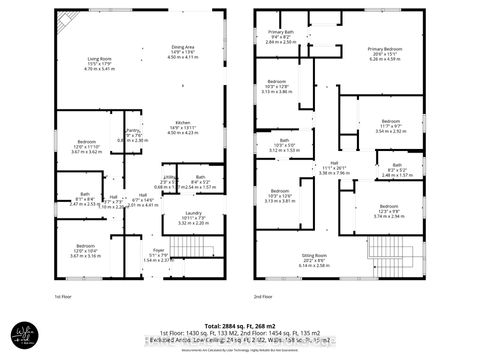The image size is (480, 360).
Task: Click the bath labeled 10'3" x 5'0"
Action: click(x=283, y=145)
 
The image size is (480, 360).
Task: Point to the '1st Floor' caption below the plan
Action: click(x=64, y=297)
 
